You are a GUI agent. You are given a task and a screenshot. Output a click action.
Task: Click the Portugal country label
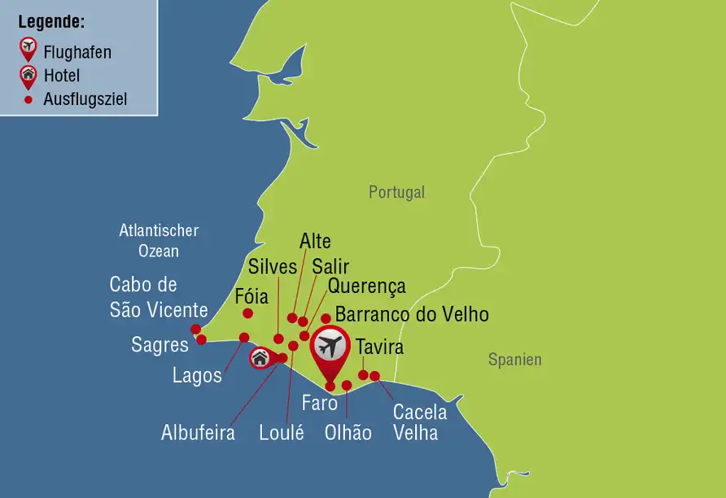[396, 193]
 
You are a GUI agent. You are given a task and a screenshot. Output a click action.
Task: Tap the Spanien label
[514, 360]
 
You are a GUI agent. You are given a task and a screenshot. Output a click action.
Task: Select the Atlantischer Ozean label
[159, 241]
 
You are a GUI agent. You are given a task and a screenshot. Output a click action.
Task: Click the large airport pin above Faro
[330, 348]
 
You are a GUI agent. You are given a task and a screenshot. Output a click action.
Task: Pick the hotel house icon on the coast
[260, 357]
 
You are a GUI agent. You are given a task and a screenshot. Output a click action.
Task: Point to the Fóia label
[251, 296]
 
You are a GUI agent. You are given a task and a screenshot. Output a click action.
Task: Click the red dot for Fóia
[247, 313]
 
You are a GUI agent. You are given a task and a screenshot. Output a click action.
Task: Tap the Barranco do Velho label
[412, 314]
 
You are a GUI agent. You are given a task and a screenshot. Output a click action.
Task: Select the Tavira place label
[379, 347]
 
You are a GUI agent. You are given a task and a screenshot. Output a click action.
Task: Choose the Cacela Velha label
[415, 422]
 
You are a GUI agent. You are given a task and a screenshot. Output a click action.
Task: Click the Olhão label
[348, 432]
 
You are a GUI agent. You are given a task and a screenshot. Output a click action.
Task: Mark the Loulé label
[281, 432]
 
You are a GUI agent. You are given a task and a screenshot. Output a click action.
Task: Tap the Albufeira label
[198, 432]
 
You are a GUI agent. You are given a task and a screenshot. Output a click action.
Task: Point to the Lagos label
[197, 375]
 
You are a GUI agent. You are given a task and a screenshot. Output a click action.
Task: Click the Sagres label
[160, 345]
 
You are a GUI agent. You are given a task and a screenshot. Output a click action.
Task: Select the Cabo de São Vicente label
[159, 298]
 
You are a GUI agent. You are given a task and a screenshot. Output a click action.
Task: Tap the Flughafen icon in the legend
[28, 50]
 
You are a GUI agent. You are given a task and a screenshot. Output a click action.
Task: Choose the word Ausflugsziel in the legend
[85, 100]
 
